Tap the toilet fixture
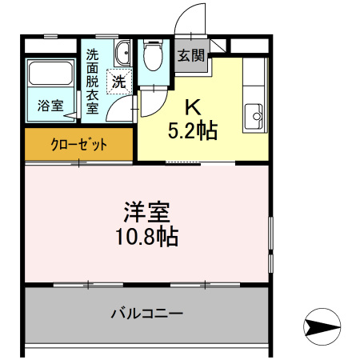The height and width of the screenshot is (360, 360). pyautogui.click(x=150, y=56)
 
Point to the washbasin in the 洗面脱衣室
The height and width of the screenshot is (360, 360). pyautogui.click(x=122, y=54)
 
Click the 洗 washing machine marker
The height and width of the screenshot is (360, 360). pyautogui.click(x=118, y=81)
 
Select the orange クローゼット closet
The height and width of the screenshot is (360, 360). pyautogui.click(x=78, y=145)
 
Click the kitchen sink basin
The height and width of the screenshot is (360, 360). pyautogui.click(x=257, y=115)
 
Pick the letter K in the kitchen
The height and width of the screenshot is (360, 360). pyautogui.click(x=193, y=106)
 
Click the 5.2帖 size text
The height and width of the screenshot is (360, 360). pyautogui.click(x=193, y=130)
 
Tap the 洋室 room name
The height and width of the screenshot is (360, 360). pyautogui.click(x=145, y=214)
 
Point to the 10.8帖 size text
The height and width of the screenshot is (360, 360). pyautogui.click(x=145, y=238)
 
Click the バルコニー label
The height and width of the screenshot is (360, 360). pyautogui.click(x=146, y=313)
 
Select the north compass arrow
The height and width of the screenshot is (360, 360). pyautogui.click(x=323, y=327)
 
